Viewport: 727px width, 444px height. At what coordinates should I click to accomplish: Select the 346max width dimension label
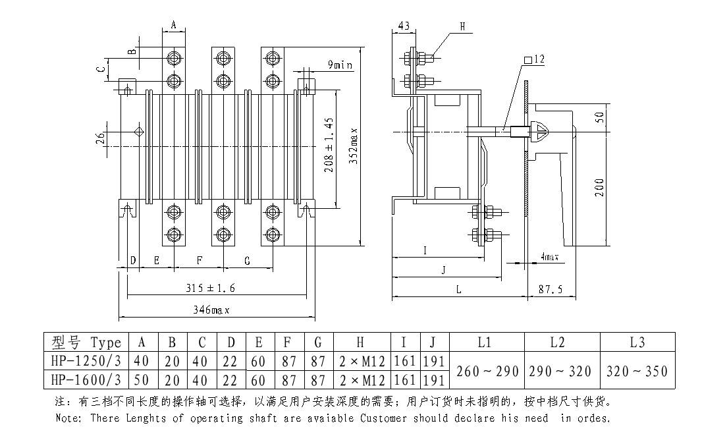point(210,309)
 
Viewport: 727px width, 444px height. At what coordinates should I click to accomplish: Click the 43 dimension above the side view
point(404,26)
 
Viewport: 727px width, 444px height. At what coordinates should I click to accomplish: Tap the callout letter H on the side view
point(462,26)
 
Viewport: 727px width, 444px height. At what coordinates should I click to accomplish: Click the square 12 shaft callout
point(534,59)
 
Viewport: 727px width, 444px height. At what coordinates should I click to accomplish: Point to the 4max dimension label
point(549,256)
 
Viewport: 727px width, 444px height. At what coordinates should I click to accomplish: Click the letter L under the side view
point(459,289)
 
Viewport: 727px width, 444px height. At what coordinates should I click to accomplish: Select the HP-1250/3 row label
point(86,361)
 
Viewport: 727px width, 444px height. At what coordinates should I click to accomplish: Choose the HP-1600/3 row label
point(86,379)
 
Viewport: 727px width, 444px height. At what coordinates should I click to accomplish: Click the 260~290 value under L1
point(486,370)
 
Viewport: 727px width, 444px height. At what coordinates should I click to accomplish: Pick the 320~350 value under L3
point(637,370)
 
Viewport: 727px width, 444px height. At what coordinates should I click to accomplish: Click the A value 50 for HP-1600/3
point(142,379)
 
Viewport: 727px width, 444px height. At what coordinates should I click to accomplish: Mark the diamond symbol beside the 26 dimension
point(139,131)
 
